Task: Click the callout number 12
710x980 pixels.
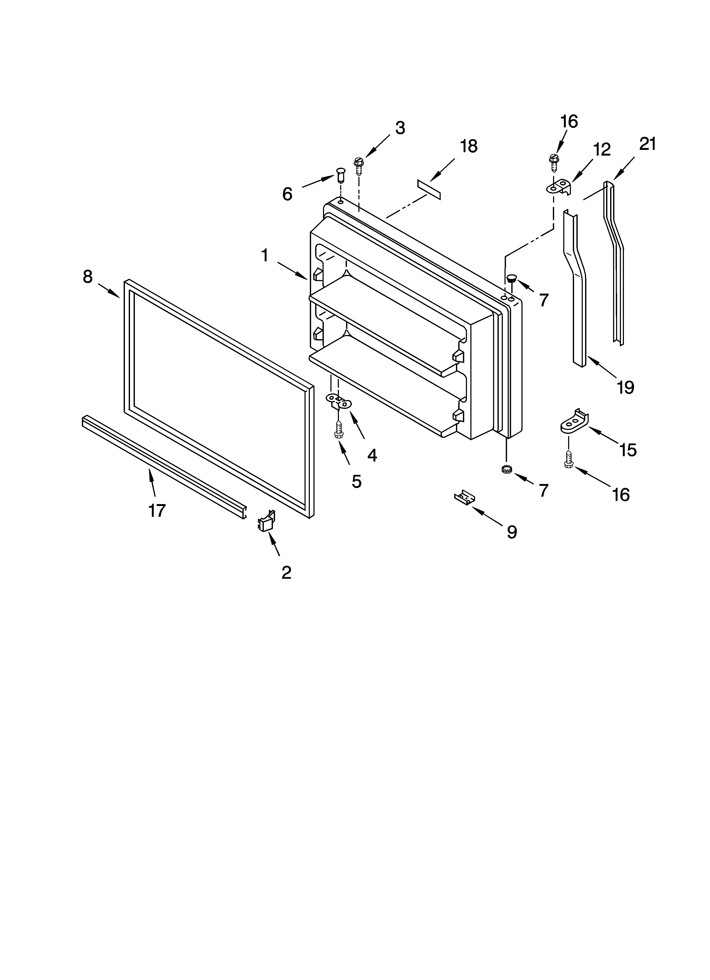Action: coord(601,149)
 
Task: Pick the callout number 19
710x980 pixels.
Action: coord(625,387)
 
